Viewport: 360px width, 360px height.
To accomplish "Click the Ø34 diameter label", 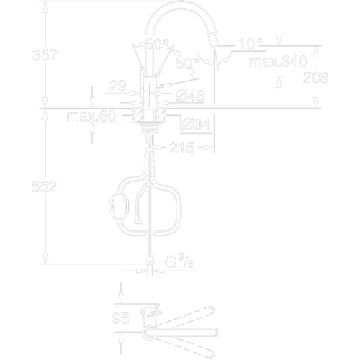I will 197,125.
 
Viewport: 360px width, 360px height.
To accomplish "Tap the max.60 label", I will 90,116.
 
